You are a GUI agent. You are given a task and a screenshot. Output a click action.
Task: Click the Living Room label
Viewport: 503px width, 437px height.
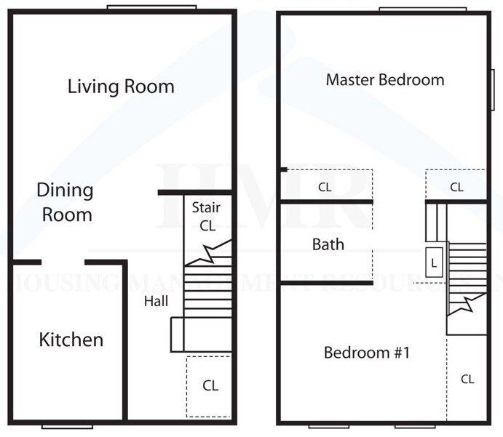(x=121, y=87)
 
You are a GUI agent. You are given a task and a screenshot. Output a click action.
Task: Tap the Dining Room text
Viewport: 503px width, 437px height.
(x=66, y=203)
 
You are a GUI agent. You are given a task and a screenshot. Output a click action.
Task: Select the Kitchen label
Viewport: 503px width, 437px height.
(x=71, y=340)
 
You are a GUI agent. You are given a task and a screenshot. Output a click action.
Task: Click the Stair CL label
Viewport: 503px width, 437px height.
(x=207, y=217)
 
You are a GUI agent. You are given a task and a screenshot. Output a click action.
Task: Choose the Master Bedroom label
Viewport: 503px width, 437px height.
(x=384, y=80)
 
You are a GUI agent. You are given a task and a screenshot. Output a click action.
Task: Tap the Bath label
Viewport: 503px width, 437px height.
(x=328, y=244)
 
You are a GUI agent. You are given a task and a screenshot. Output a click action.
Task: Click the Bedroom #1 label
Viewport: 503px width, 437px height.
(x=368, y=353)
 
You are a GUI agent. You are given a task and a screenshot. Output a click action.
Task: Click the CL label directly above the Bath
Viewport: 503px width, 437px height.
(x=325, y=187)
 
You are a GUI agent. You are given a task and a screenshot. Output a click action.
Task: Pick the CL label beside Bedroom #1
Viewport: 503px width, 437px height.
(x=467, y=379)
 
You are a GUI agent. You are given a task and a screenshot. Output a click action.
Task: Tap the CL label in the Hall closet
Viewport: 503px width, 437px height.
(x=210, y=385)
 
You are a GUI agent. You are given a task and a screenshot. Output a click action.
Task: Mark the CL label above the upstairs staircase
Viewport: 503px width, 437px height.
(x=456, y=187)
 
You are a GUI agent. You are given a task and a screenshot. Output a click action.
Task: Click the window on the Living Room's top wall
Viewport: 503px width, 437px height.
(x=151, y=8)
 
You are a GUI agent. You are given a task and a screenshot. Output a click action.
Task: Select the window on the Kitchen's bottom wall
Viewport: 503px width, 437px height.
(x=67, y=425)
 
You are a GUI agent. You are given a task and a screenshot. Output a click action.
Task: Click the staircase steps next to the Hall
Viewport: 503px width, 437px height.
(x=206, y=291)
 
